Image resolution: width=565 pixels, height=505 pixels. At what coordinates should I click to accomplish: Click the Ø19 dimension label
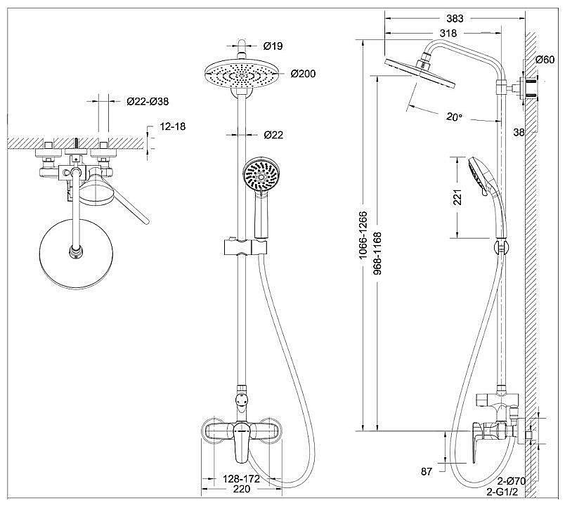(273, 46)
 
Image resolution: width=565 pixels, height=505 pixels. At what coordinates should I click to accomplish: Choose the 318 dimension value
(447, 33)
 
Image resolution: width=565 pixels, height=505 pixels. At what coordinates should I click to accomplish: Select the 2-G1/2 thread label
(511, 493)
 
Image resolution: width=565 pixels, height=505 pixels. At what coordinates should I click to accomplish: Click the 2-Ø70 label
(511, 481)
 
